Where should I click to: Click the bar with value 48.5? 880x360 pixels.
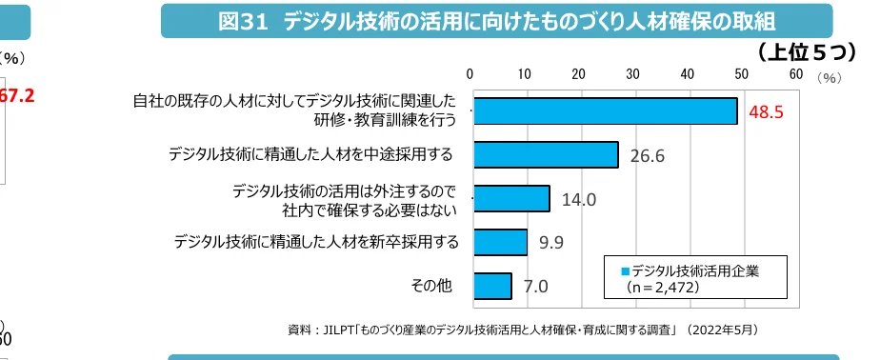tap(605, 111)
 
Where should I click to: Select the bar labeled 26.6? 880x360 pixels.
tap(545, 155)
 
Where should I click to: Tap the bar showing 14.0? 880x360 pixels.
tap(511, 198)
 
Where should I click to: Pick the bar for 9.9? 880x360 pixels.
tap(500, 242)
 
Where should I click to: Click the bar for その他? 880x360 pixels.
tap(492, 286)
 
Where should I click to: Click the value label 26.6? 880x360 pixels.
tap(647, 156)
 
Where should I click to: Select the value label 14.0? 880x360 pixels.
tap(579, 200)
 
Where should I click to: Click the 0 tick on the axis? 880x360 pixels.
tap(470, 74)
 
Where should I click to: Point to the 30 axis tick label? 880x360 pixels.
tap(632, 74)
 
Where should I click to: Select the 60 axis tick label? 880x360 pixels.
tap(795, 74)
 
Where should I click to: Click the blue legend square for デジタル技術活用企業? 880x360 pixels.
tap(626, 270)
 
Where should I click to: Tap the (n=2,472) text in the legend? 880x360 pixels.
tap(663, 286)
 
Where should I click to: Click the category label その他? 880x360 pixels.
tap(430, 286)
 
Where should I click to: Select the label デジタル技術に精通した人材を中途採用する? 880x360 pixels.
tap(310, 154)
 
